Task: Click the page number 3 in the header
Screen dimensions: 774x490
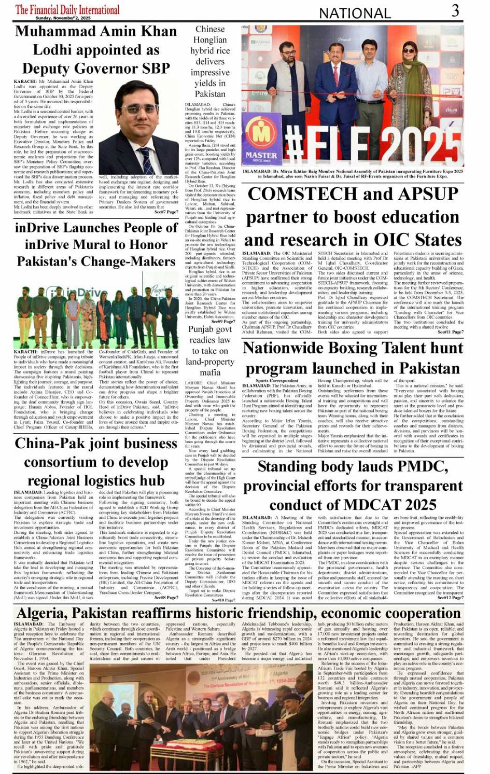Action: tap(455, 10)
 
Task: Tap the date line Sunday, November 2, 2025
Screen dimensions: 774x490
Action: tap(66, 18)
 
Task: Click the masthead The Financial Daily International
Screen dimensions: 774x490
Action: tap(67, 9)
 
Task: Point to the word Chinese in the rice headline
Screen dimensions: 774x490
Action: tap(210, 30)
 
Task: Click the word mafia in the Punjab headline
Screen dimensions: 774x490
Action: tap(210, 372)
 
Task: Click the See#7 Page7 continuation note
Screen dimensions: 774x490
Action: tap(166, 212)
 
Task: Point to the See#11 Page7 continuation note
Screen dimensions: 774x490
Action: tap(450, 332)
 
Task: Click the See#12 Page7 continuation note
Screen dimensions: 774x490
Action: tap(450, 598)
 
